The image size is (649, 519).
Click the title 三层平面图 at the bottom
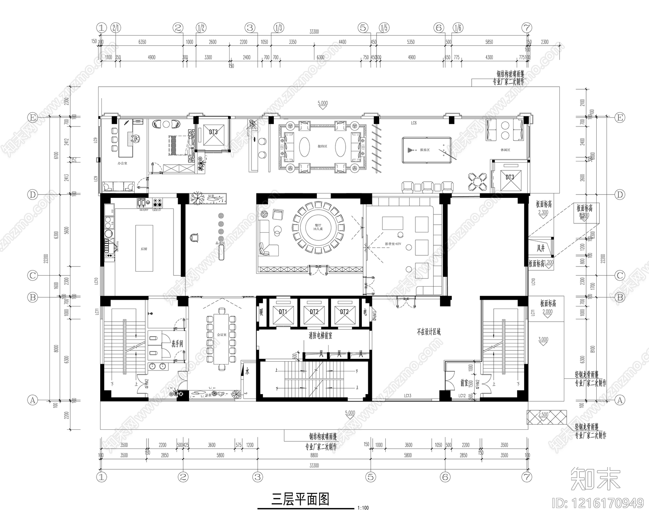click(x=300, y=499)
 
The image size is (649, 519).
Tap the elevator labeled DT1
click(x=283, y=312)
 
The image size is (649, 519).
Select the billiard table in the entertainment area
click(x=426, y=150)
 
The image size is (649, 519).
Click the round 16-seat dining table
click(x=319, y=226)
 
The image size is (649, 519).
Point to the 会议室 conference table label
click(x=221, y=335)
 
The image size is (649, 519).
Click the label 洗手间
click(x=177, y=344)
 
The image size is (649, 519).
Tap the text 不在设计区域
click(x=429, y=332)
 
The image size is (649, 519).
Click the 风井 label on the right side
click(x=541, y=249)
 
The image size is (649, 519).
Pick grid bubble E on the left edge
click(x=32, y=117)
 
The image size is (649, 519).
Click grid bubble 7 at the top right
click(x=527, y=28)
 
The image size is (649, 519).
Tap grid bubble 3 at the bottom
click(x=258, y=477)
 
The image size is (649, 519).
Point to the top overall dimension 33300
click(x=314, y=32)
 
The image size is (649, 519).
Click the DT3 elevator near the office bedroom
click(x=213, y=133)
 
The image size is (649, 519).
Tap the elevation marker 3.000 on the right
click(x=543, y=340)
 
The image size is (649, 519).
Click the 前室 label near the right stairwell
click(x=464, y=382)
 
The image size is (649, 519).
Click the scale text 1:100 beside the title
click(x=363, y=508)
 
